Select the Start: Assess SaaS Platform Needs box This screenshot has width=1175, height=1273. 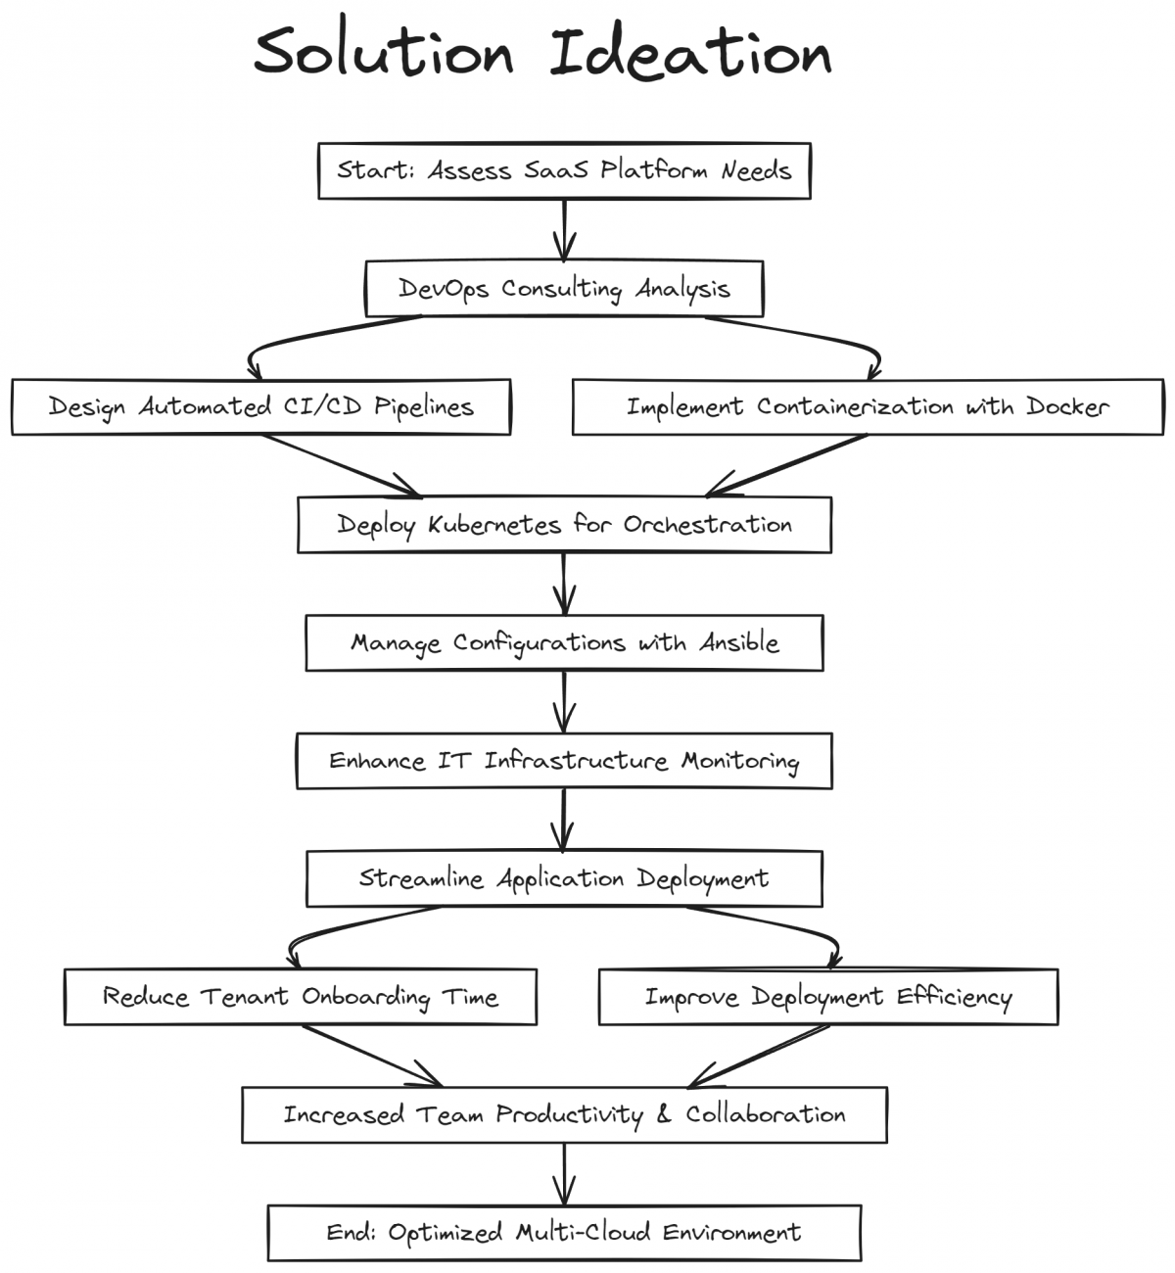click(564, 170)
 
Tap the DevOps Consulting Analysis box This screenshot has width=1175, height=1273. click(564, 289)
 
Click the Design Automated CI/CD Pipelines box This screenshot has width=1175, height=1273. click(260, 406)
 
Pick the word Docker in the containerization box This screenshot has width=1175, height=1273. click(1067, 406)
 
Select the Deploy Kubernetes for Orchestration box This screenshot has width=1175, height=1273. click(564, 525)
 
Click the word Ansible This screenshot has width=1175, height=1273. click(739, 643)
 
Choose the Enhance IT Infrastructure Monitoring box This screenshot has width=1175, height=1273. click(564, 761)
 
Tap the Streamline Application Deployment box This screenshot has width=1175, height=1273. click(564, 878)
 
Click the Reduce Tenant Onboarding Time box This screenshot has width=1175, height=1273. click(300, 997)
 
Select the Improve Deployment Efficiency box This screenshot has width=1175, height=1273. click(827, 997)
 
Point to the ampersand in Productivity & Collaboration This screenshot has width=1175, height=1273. click(664, 1115)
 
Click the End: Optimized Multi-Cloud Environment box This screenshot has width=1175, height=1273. click(564, 1233)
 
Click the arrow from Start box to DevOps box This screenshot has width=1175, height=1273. click(564, 230)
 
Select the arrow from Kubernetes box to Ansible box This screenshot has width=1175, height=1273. click(564, 585)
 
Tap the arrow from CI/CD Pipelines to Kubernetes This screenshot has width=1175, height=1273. click(343, 466)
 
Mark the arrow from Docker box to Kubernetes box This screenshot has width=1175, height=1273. click(783, 466)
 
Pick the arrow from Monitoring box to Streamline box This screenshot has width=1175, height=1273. click(564, 820)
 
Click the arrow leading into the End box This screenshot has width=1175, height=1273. click(564, 1174)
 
